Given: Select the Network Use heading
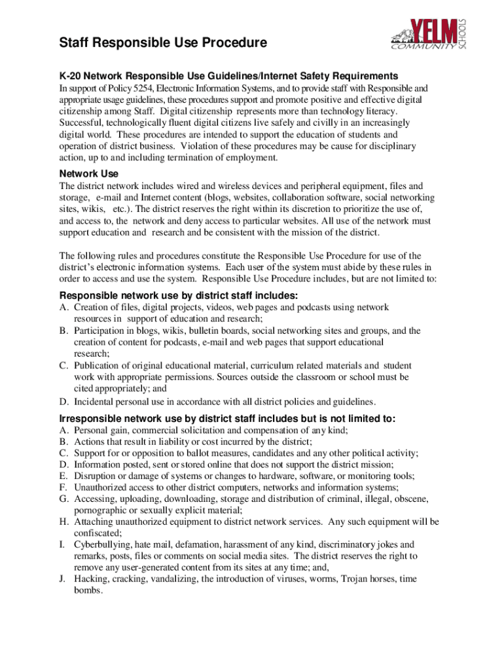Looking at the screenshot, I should pyautogui.click(x=88, y=173).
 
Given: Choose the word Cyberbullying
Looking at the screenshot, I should pyautogui.click(x=102, y=544).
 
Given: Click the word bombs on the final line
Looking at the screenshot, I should pyautogui.click(x=88, y=590).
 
